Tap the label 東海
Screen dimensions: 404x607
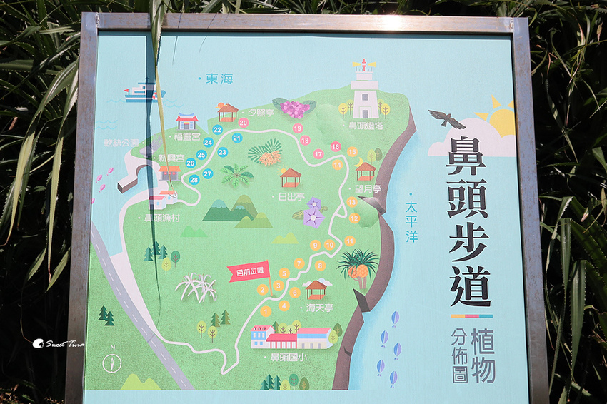point(219,79)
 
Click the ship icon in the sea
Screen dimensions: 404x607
point(144,91)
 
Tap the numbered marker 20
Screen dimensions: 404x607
point(244,123)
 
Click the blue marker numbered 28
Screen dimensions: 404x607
point(194,180)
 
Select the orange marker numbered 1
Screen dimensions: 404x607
point(266,311)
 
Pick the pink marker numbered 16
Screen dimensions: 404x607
point(336,147)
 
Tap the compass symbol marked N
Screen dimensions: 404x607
point(112,362)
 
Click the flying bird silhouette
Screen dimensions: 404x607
point(446,118)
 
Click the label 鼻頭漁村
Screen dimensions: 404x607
point(161,218)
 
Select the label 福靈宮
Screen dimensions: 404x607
point(187,135)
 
